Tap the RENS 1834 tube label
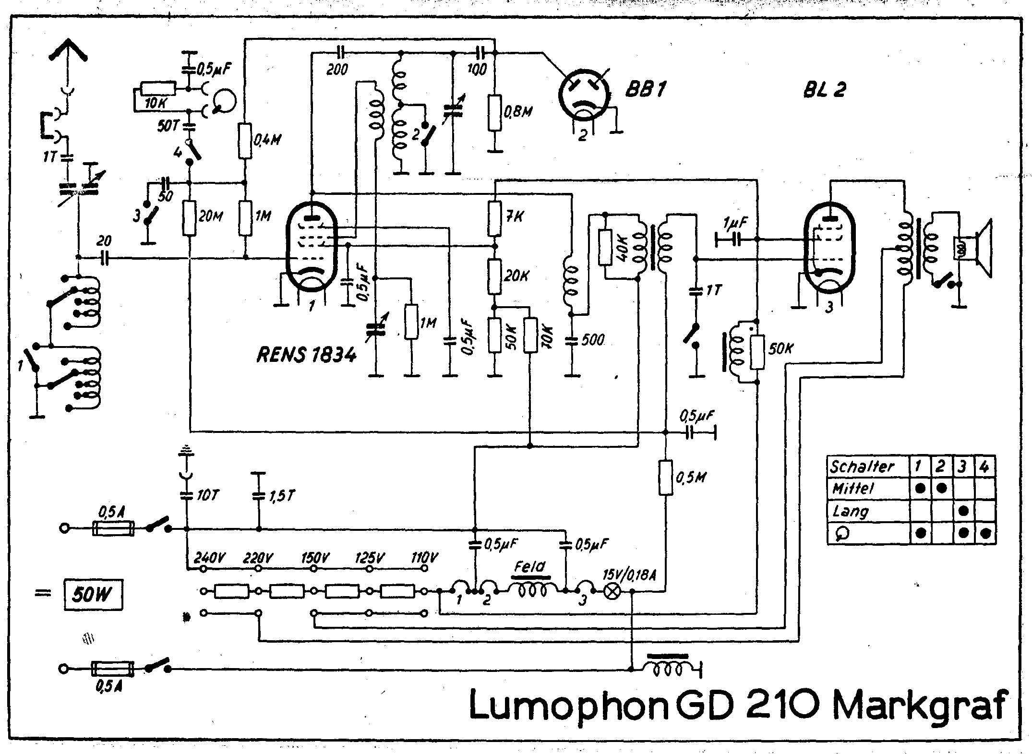[x=307, y=355]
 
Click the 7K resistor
[x=495, y=218]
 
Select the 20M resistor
[x=190, y=218]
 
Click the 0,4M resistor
[x=245, y=141]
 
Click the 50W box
[x=93, y=596]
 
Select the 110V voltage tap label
[x=424, y=558]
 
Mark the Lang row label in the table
[x=851, y=511]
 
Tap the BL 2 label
[x=824, y=90]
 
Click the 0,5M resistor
[x=665, y=477]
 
